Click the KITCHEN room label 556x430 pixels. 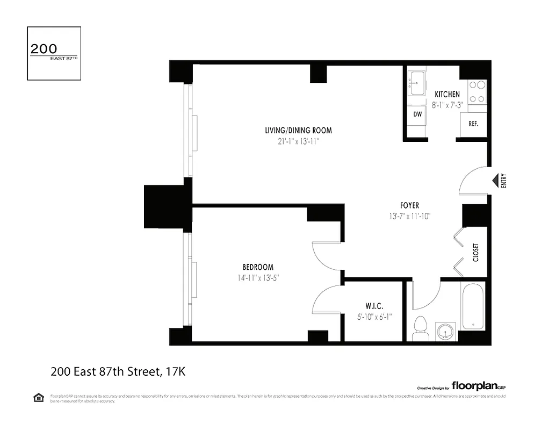(447, 95)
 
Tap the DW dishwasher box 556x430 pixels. (417, 114)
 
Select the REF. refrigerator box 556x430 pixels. (473, 124)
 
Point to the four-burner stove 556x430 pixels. (476, 91)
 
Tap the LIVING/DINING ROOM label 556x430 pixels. (298, 130)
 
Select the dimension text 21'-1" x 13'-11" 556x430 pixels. (298, 141)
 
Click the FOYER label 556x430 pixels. (409, 205)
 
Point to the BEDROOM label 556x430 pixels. (258, 267)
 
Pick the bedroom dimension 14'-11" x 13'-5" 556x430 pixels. (258, 278)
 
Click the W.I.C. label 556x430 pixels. (374, 306)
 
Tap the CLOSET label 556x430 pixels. (475, 252)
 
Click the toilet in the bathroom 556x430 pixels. (421, 328)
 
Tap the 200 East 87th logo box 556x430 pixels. (54, 53)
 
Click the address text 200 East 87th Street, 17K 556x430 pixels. (118, 371)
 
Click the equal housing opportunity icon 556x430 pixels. (39, 398)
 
